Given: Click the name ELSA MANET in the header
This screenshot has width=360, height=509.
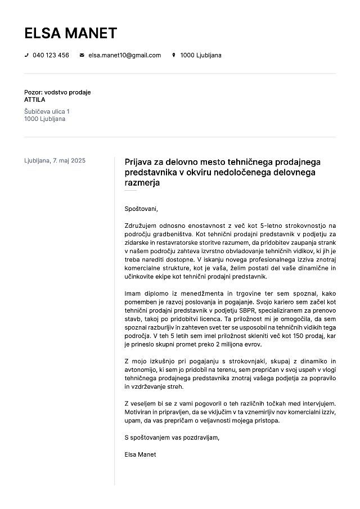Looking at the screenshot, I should (x=70, y=33).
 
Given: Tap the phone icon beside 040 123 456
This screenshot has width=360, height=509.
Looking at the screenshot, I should (x=26, y=55).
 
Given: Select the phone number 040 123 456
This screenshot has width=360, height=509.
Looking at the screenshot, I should (x=51, y=55).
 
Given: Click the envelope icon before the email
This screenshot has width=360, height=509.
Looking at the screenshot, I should (x=82, y=55).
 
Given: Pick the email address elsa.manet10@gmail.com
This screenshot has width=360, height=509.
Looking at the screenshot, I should (x=124, y=55).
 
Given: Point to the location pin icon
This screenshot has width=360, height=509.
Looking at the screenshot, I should (x=174, y=55).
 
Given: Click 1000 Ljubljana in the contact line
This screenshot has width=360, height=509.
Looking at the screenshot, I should (x=200, y=55).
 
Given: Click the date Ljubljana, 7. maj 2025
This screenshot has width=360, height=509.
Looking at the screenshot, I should (x=55, y=161).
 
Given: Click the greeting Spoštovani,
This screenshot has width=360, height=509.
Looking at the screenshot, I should (x=141, y=209).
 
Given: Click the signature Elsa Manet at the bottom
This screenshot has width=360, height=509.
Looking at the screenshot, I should (x=140, y=454).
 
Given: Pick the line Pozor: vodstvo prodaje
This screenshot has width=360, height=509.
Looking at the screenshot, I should (x=57, y=92).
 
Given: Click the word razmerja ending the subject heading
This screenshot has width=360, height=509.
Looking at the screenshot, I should (x=142, y=183).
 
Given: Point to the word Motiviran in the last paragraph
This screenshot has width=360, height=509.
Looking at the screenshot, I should (x=139, y=412).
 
